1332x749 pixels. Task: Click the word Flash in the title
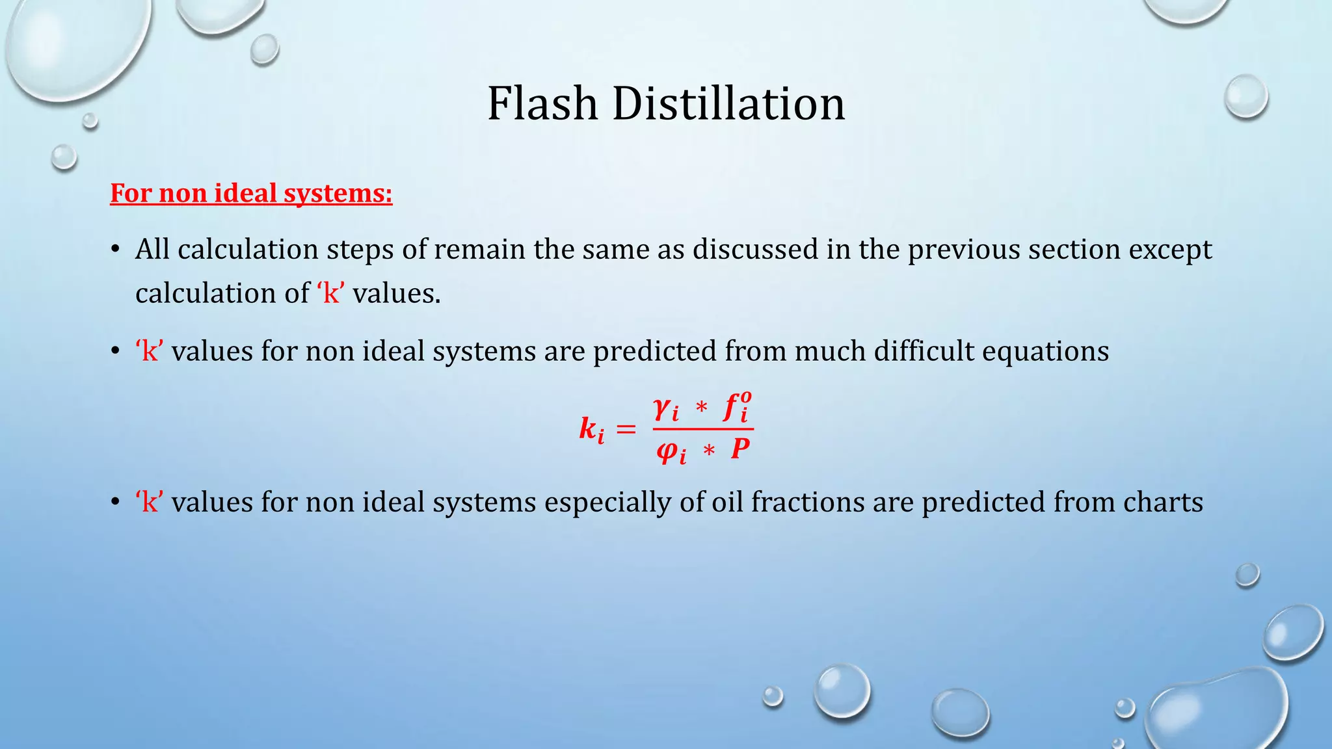(542, 104)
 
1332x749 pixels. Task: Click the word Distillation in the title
(728, 104)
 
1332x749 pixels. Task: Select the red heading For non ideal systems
(251, 194)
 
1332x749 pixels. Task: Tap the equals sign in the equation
(626, 429)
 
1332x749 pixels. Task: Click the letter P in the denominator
(740, 449)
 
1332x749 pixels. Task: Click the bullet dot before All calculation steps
(115, 250)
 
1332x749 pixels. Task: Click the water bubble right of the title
(1245, 96)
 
